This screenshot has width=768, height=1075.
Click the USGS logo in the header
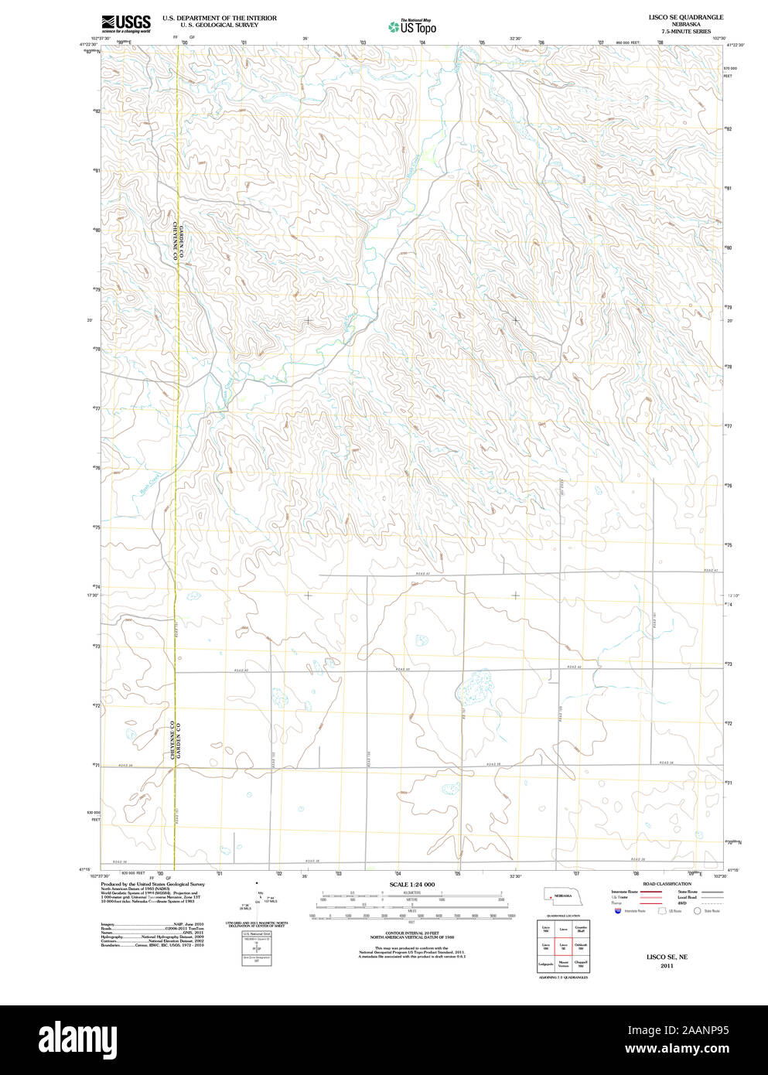tap(126, 23)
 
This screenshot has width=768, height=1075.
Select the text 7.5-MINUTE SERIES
tap(681, 32)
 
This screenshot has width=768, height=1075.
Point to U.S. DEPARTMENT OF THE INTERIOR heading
tap(219, 18)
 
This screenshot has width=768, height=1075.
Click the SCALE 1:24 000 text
tap(411, 885)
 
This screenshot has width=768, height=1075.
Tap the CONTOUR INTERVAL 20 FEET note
tap(411, 934)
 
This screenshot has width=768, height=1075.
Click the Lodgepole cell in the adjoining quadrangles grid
tap(545, 965)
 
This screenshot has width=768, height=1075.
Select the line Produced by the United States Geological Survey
tap(152, 884)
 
